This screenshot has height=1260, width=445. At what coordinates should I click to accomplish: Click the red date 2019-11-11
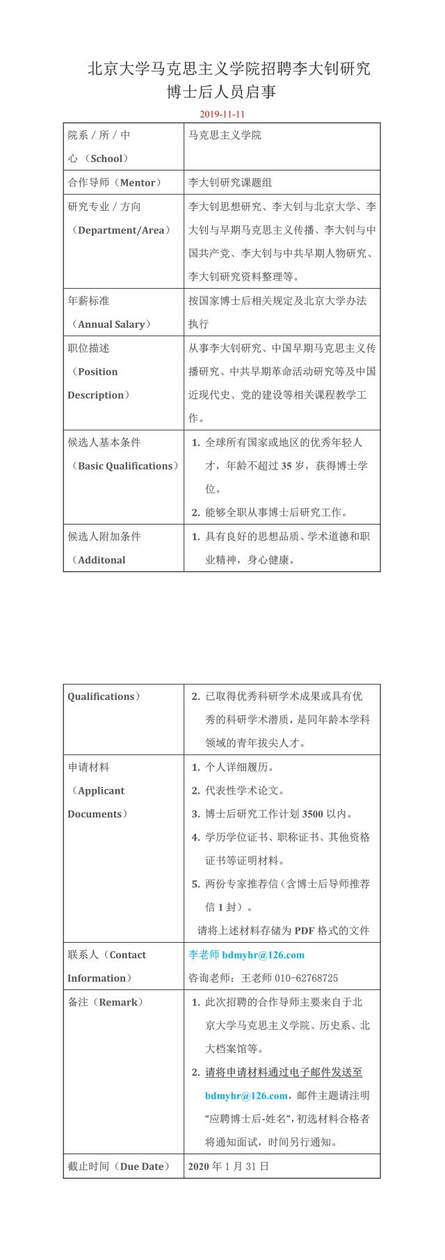click(222, 113)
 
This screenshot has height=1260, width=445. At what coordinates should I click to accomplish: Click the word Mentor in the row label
click(138, 182)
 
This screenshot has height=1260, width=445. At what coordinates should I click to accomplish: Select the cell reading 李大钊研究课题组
click(230, 182)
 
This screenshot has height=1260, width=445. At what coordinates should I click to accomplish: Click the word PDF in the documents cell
click(305, 930)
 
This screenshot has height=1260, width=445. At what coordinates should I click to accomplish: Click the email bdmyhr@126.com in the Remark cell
click(246, 1095)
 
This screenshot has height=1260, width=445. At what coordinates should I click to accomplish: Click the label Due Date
click(142, 1166)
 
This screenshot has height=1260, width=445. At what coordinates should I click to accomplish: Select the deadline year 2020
click(199, 1166)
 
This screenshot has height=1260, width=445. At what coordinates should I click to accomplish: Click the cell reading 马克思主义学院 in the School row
click(225, 135)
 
